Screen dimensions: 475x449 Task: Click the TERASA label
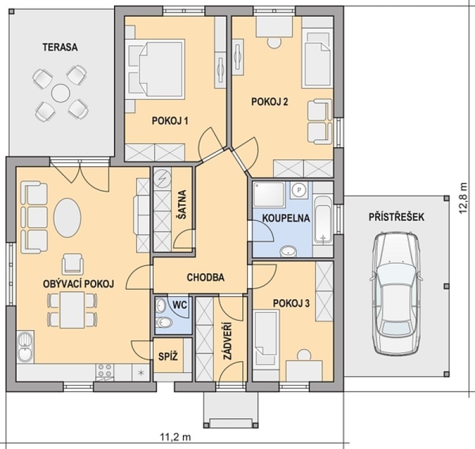[x=60, y=48]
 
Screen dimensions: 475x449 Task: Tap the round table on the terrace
[x=61, y=93]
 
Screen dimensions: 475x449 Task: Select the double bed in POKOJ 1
[x=156, y=69]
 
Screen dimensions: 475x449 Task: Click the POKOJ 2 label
[x=270, y=102]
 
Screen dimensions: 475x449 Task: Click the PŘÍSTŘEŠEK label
[x=396, y=217]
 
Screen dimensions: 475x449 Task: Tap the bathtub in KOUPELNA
[x=323, y=220]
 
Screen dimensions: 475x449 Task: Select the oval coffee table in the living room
[x=67, y=217]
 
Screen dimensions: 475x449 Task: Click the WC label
[x=180, y=305]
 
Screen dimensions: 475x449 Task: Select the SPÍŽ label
[x=168, y=356]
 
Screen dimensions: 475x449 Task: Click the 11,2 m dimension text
[x=175, y=437]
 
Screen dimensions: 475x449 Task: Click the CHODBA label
[x=205, y=277]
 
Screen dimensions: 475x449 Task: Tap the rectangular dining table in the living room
[x=72, y=309]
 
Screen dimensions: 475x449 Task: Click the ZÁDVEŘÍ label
[x=227, y=341]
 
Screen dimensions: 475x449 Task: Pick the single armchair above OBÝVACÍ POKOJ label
[x=72, y=264]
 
